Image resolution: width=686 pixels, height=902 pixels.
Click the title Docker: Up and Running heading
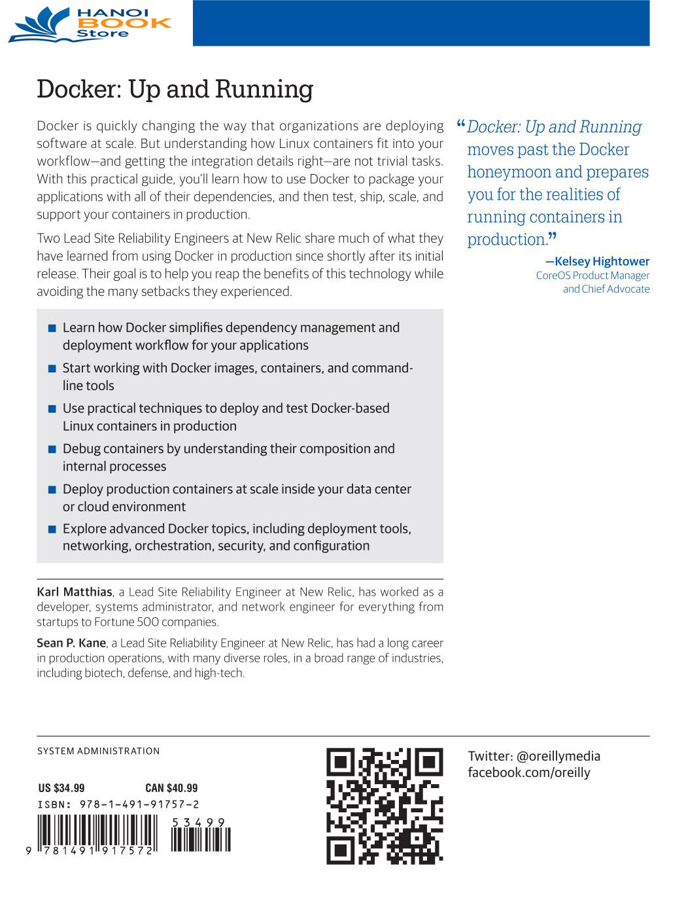click(175, 89)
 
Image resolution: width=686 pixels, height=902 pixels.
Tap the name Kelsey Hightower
click(602, 261)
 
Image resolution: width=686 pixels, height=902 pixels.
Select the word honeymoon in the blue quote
click(511, 172)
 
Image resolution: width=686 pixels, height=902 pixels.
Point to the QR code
click(385, 806)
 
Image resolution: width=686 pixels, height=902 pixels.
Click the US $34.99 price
click(61, 788)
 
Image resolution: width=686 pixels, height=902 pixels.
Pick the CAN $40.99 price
click(171, 788)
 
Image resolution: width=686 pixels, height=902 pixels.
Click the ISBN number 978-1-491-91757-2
click(139, 804)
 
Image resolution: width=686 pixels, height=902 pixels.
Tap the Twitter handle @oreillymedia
click(558, 756)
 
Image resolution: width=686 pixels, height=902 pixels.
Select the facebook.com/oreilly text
click(529, 772)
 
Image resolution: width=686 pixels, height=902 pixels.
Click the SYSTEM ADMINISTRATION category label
click(99, 751)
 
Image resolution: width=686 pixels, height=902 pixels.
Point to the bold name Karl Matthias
click(75, 592)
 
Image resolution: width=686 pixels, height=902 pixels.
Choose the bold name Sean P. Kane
click(71, 643)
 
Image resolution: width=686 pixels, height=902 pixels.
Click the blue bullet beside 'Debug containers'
click(52, 449)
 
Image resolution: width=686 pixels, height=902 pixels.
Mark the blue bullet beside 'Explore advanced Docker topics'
click(52, 529)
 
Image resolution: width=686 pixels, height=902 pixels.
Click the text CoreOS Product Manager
click(592, 276)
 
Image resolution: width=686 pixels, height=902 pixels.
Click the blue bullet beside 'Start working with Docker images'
click(52, 369)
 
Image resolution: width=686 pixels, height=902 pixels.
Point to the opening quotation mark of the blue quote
click(460, 124)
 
